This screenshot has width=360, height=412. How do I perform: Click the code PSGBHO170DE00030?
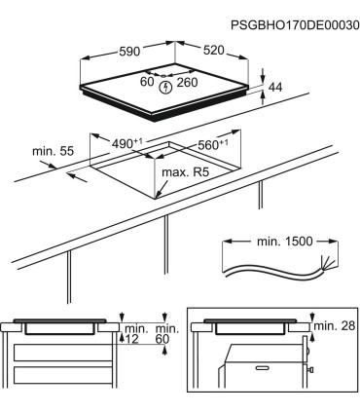(x=295, y=25)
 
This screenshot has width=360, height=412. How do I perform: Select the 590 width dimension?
(x=129, y=52)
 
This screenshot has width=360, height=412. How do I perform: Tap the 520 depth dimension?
(x=214, y=50)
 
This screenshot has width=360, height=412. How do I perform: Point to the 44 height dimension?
(x=275, y=87)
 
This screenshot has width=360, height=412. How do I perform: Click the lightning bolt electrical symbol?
(x=165, y=87)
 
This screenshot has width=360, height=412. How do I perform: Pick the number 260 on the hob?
(x=187, y=83)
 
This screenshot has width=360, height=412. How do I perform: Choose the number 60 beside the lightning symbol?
(x=147, y=82)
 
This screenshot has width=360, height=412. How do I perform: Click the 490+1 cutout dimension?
(x=127, y=143)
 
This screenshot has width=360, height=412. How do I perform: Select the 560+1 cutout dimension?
(x=212, y=145)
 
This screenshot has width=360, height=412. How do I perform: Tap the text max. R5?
(x=185, y=172)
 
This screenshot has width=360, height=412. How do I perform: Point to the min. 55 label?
(x=54, y=151)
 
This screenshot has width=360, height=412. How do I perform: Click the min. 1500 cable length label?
(x=285, y=242)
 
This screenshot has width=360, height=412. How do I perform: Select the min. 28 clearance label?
(x=335, y=325)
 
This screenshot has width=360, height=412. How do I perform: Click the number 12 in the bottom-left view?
(x=131, y=339)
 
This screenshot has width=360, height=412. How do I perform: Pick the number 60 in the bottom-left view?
(x=162, y=339)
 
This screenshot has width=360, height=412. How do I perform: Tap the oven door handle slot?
(x=263, y=368)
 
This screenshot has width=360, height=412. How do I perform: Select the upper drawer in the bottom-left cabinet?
(x=63, y=353)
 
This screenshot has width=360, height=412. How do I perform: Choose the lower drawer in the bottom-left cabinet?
(x=63, y=376)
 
